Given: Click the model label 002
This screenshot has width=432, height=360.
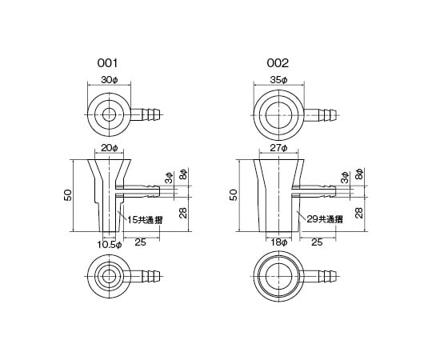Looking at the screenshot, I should click(278, 62).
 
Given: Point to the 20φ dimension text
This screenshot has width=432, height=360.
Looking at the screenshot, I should click(110, 149).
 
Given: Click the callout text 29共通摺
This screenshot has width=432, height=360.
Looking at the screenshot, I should click(322, 218).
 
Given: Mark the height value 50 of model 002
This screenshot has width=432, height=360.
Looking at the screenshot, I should click(234, 194).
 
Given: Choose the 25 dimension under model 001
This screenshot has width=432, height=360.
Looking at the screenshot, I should click(140, 242).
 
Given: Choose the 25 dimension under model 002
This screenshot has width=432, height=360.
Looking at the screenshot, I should click(316, 242).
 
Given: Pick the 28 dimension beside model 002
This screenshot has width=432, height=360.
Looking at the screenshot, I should click(359, 211).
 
